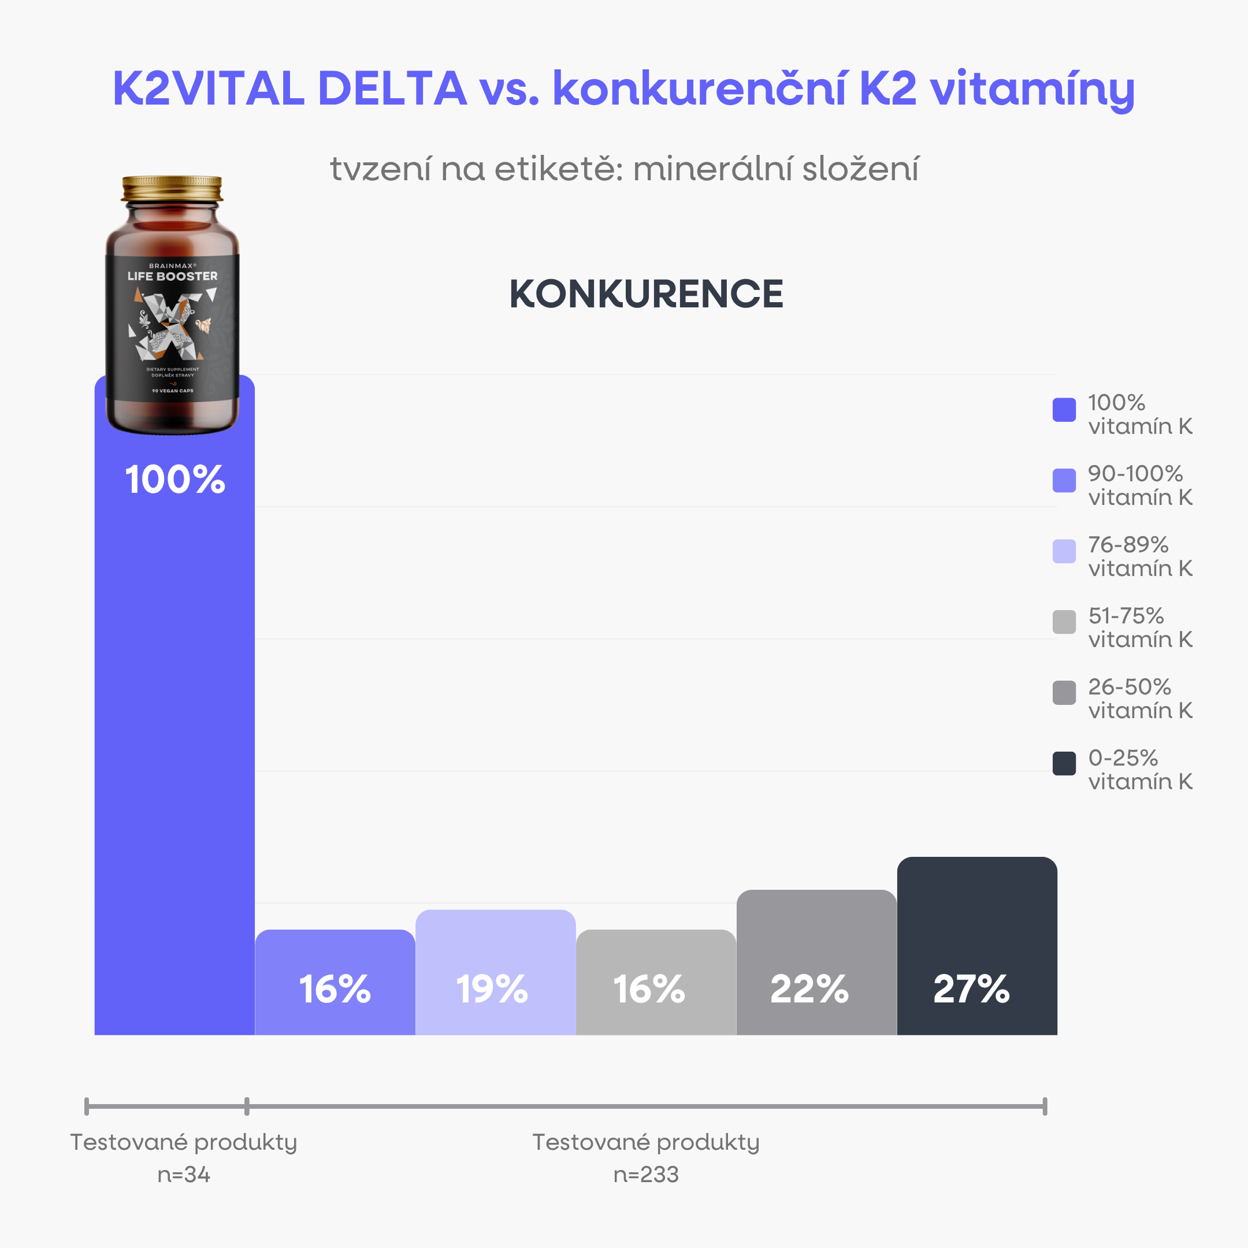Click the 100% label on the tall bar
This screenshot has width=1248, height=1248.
coord(174,480)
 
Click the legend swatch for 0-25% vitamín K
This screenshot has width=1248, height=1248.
coord(1064,763)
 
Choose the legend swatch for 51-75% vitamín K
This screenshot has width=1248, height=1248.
coord(1064,622)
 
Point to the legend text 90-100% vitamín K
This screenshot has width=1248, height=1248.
coord(1139,485)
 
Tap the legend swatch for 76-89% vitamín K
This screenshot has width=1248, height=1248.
coord(1064,551)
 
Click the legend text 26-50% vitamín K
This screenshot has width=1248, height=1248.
coord(1139,699)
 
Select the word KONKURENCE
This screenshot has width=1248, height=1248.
coord(646,295)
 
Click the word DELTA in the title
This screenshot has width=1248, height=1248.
coord(392,88)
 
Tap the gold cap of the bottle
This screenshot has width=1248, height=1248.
coord(172,188)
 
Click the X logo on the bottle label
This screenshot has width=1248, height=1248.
coord(171,326)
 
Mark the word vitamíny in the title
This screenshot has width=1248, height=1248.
coord(1031,90)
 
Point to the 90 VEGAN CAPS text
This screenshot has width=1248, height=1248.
coord(173,391)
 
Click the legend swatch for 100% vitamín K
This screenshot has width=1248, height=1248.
coord(1064,410)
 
